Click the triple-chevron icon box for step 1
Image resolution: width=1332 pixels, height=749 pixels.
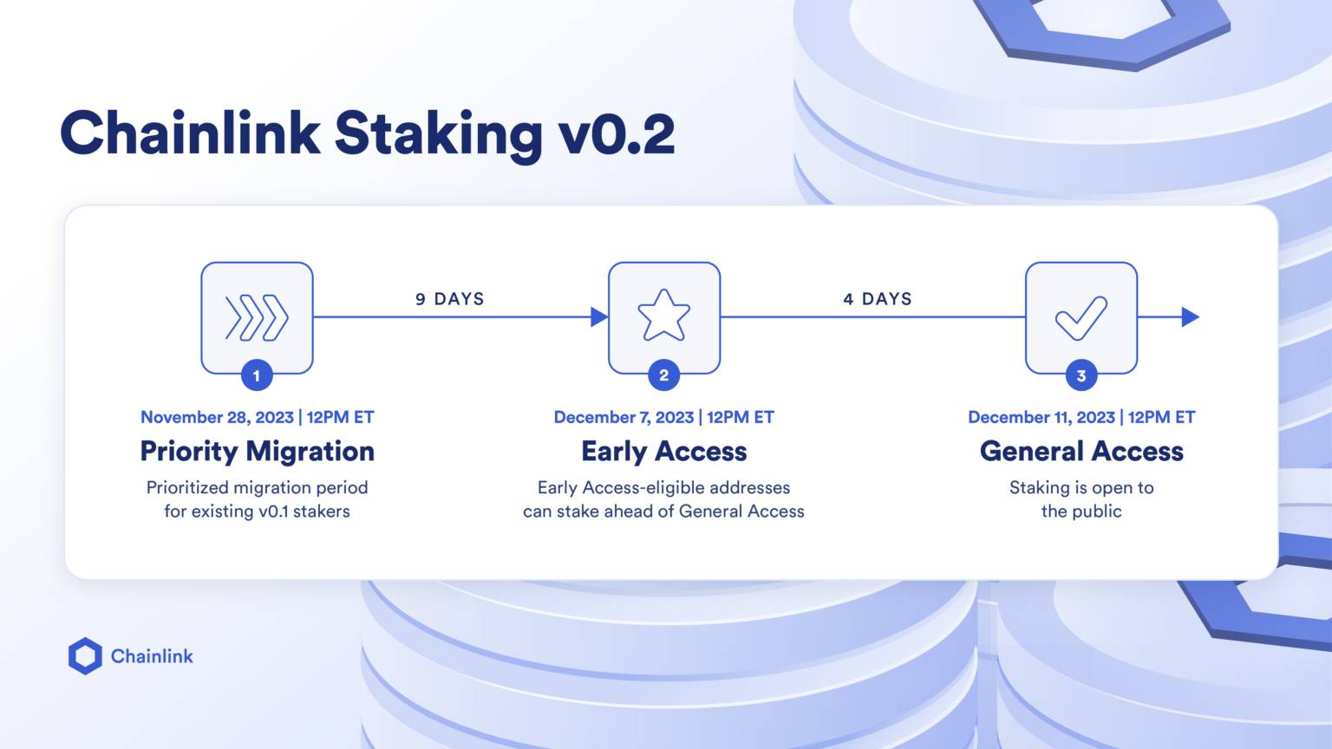coord(257,317)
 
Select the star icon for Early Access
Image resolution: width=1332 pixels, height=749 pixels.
coord(663,316)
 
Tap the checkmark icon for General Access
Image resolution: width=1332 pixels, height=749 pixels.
coord(1081,317)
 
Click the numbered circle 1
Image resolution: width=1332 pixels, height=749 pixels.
coord(257,375)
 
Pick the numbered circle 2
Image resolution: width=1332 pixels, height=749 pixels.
coord(663,375)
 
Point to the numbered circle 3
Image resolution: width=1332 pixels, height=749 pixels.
coord(1081,375)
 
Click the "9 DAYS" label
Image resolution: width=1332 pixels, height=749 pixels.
coord(449,299)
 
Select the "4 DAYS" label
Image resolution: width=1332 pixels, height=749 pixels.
coord(878,299)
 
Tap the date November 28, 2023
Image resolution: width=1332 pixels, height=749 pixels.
coord(218,417)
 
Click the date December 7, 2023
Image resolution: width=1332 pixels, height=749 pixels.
coord(624,417)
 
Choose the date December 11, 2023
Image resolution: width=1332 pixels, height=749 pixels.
coord(1041,417)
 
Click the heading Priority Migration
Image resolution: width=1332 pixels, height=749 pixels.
coord(257,451)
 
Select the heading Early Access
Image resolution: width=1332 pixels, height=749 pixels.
coord(663,452)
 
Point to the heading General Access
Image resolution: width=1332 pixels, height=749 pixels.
coord(1081,451)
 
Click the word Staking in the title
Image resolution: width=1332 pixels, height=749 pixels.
coord(438,135)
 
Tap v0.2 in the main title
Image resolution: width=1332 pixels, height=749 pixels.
coord(617,135)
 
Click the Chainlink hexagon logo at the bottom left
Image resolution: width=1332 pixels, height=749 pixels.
coord(85,656)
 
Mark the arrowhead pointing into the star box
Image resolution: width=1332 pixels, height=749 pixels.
coord(599,317)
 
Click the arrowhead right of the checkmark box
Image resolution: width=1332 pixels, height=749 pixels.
coord(1190,317)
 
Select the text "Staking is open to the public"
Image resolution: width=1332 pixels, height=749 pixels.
coord(1081,499)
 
